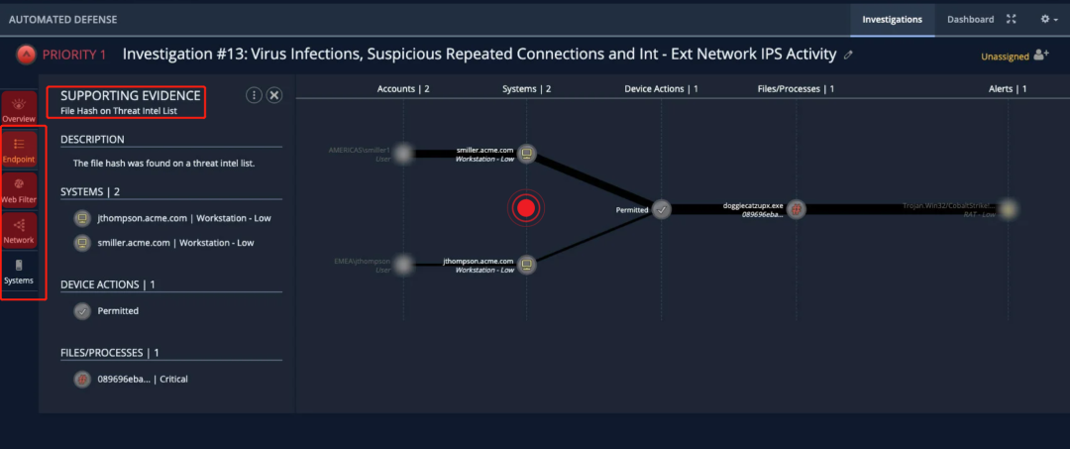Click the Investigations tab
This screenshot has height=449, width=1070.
coord(892,19)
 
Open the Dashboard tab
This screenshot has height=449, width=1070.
coord(970,19)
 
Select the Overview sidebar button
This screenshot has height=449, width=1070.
coord(18,107)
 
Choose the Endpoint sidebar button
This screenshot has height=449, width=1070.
coord(18,150)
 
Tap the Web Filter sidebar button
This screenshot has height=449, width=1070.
coord(18,189)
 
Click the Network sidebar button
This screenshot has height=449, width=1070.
coord(18,230)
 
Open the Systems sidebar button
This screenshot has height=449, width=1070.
coord(18,271)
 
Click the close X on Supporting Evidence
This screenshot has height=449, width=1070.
coord(274,95)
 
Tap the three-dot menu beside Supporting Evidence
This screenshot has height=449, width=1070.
coord(254,95)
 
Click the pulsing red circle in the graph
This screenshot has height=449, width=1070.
coord(526,207)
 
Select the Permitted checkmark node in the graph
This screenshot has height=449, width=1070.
coord(661,209)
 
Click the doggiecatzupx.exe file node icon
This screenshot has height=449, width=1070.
coord(797,209)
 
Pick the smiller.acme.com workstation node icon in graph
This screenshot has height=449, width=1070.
coord(527,154)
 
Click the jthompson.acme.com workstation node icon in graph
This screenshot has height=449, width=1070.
coord(527,265)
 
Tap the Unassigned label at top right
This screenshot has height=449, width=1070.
coord(1005,56)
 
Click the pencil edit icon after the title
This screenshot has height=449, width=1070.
coord(848,55)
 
